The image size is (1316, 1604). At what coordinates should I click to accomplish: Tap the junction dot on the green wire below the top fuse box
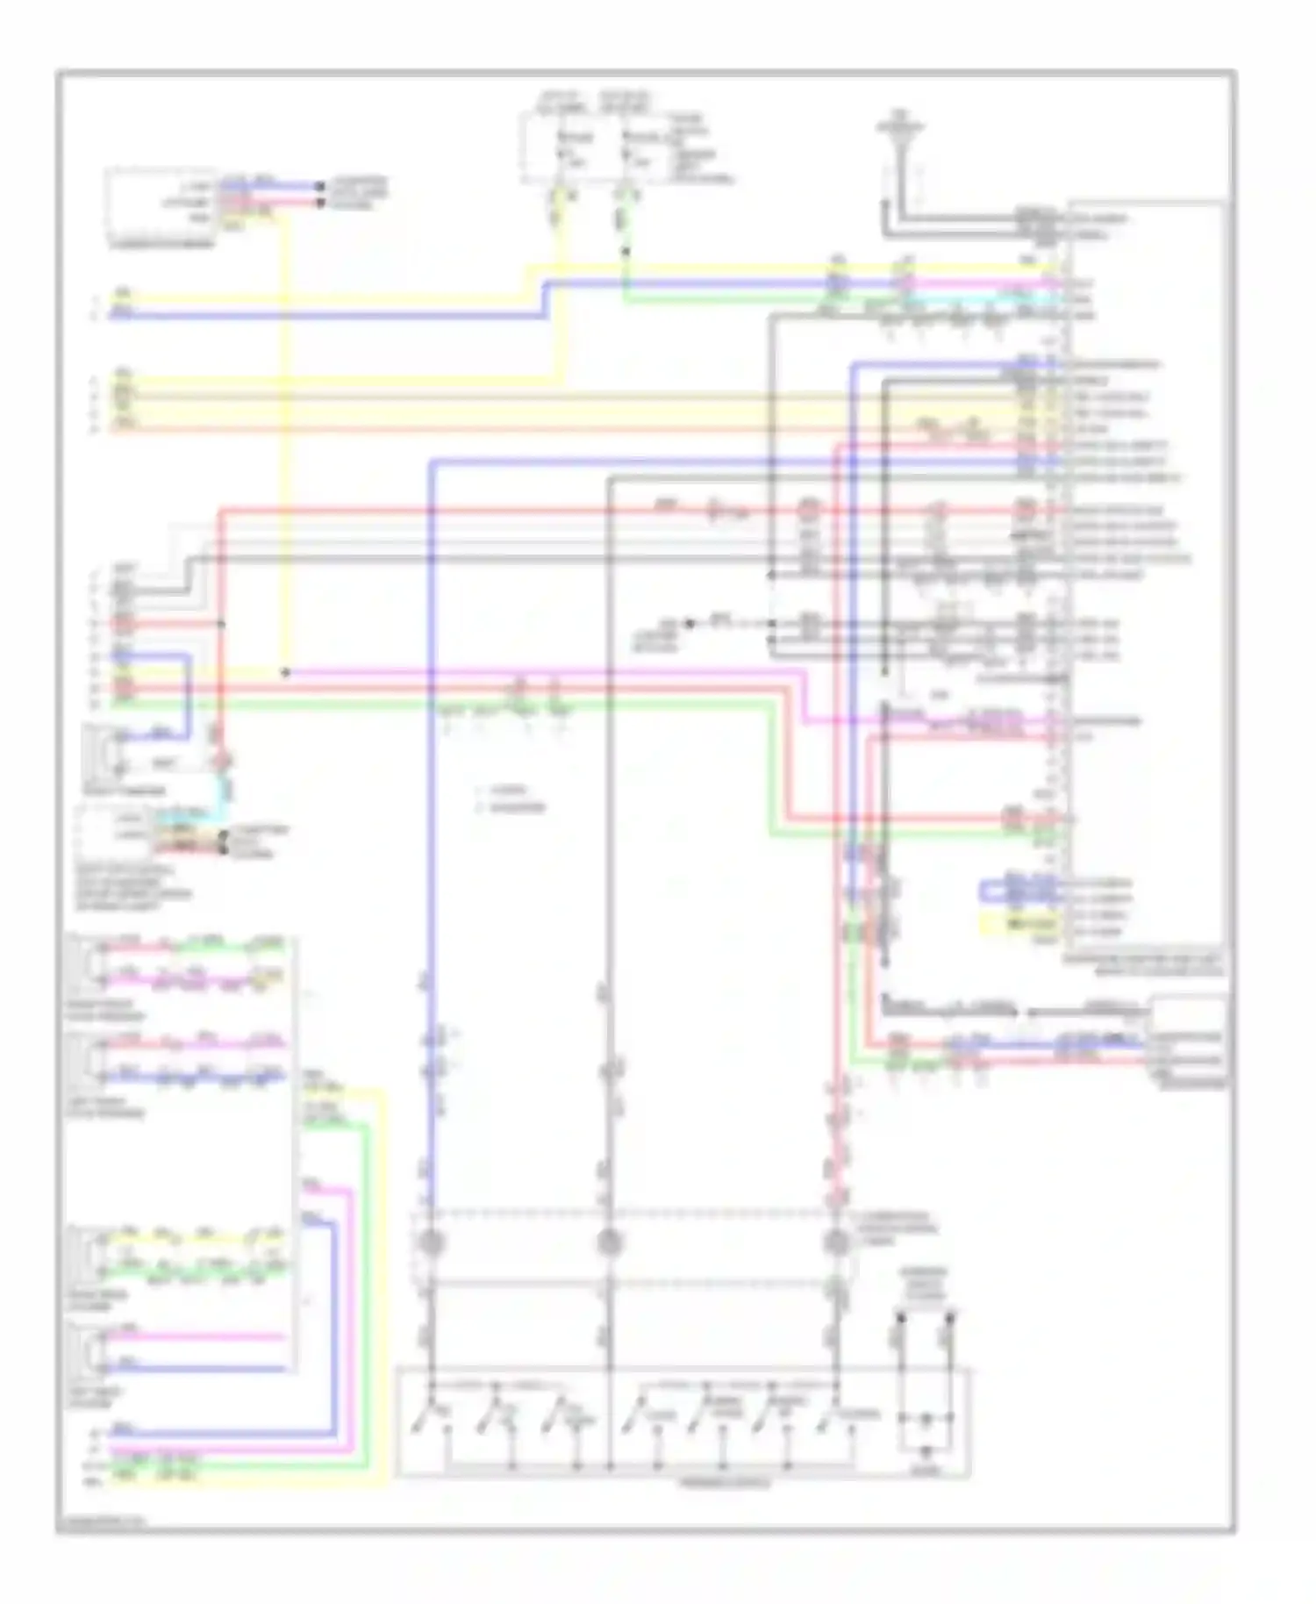(x=625, y=252)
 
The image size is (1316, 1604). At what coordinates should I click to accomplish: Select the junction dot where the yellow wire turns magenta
(x=285, y=673)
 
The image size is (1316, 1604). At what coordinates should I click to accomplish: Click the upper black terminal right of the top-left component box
(x=320, y=186)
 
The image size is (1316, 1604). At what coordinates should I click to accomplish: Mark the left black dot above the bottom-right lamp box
(x=899, y=1316)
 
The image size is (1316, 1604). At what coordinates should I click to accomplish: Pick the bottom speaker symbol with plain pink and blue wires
(x=90, y=1352)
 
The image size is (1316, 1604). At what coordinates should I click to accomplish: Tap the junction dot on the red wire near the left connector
(x=221, y=624)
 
